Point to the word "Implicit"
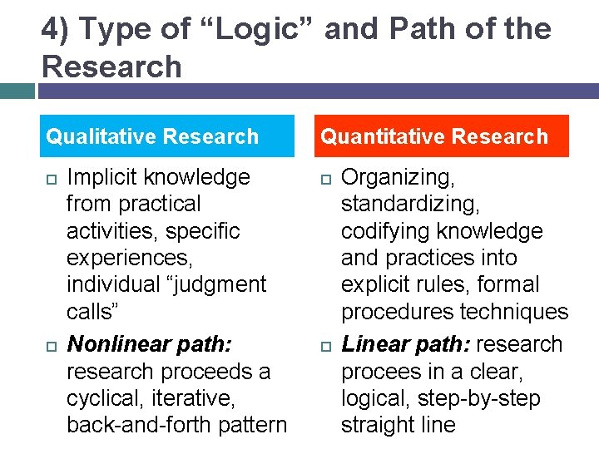(102, 177)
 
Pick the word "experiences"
(117, 258)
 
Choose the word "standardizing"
(410, 204)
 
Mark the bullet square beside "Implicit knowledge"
(50, 178)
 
